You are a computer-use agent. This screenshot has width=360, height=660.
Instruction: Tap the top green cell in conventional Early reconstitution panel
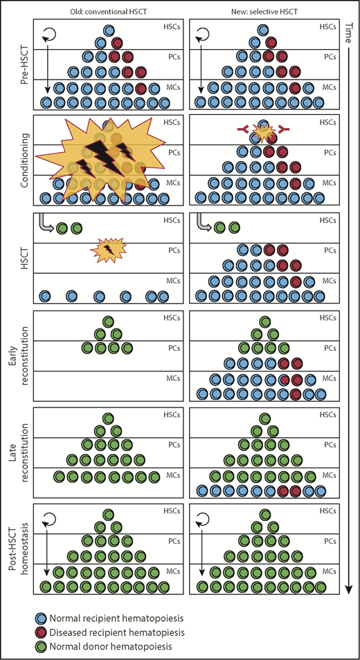click(x=107, y=321)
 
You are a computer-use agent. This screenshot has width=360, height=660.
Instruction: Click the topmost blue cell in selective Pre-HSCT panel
click(x=262, y=30)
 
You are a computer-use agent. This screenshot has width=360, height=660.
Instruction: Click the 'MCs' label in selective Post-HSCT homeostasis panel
click(x=331, y=571)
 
